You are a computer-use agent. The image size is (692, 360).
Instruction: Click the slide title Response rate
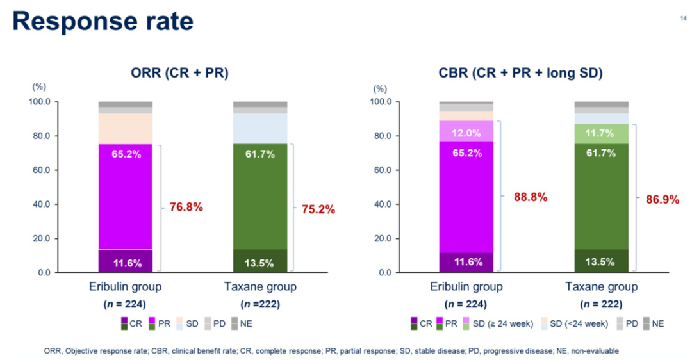click(103, 21)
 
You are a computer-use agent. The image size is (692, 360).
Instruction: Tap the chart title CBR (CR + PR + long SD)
click(521, 73)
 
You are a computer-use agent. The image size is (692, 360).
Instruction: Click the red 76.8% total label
click(186, 207)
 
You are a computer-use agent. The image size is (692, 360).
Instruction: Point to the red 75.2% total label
click(318, 209)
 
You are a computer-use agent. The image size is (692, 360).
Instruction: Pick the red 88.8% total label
click(531, 197)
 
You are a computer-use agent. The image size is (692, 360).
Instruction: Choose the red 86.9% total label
click(663, 199)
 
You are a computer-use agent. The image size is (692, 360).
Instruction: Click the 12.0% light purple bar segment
click(466, 133)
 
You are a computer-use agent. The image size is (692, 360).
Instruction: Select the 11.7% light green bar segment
click(601, 133)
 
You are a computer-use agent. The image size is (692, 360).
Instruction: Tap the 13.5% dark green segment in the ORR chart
click(259, 261)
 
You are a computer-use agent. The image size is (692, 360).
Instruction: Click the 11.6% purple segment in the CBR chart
click(466, 261)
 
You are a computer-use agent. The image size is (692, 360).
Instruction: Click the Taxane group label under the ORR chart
click(259, 286)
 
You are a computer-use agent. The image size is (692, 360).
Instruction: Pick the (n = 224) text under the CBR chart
click(466, 304)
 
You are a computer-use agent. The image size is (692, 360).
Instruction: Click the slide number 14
click(682, 19)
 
